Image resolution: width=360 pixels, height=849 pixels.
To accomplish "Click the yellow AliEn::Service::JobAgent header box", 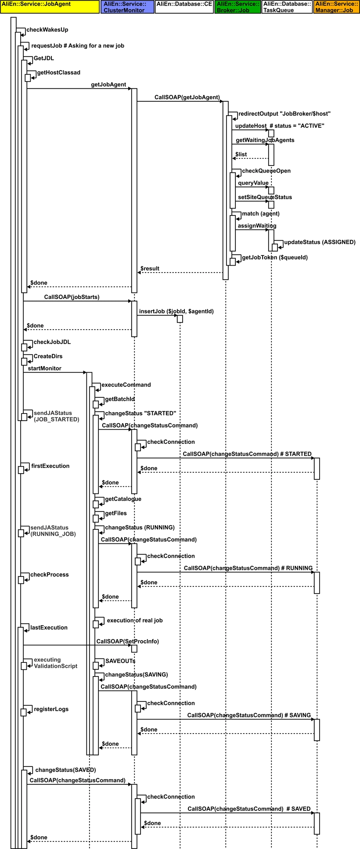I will tap(50, 7).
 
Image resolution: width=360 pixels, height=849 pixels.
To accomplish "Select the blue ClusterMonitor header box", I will tap(127, 7).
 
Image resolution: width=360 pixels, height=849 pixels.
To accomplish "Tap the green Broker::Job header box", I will tap(238, 7).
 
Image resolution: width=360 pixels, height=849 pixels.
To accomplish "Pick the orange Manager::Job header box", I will tap(336, 7).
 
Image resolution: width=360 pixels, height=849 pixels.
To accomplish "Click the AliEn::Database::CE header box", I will tap(184, 7).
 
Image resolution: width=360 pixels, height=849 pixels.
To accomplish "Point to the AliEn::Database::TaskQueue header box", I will tap(287, 7).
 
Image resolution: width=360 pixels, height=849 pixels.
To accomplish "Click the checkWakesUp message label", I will tap(47, 30).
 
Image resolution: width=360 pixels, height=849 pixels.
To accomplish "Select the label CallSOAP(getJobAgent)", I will tap(187, 97).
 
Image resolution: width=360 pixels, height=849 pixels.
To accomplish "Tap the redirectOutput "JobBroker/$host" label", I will tap(284, 114).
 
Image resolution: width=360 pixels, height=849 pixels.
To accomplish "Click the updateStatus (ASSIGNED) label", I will tap(320, 242).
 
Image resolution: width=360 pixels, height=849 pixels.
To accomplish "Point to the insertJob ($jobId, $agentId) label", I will tap(176, 311).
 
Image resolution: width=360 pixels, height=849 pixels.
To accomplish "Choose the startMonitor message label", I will tap(44, 368).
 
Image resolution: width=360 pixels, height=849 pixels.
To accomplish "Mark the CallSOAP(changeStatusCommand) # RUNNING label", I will tap(248, 568).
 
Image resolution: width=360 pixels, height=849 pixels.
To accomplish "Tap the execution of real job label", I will tap(135, 620).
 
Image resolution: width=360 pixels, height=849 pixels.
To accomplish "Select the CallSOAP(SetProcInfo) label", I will tap(128, 641).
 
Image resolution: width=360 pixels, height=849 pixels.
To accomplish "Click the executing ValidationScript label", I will tap(55, 663).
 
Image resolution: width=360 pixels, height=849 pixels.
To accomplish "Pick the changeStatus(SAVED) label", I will tap(65, 770).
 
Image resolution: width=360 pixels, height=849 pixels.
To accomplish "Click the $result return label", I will tap(150, 268).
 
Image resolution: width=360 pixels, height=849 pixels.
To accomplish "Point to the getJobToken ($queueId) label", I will tap(275, 257).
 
